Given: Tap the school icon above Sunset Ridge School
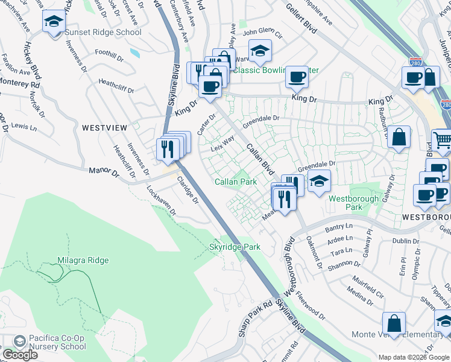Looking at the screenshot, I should click(54, 22).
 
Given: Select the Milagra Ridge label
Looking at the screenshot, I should click(83, 260).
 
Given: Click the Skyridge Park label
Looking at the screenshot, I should click(235, 247).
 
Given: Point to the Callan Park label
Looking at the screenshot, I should click(236, 182).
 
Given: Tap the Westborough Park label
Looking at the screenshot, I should click(353, 202).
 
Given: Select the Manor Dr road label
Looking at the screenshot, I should click(104, 173).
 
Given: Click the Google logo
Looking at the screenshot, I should click(20, 355).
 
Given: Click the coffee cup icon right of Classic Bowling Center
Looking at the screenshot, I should click(297, 77).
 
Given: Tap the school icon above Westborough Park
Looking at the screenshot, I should click(319, 180).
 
